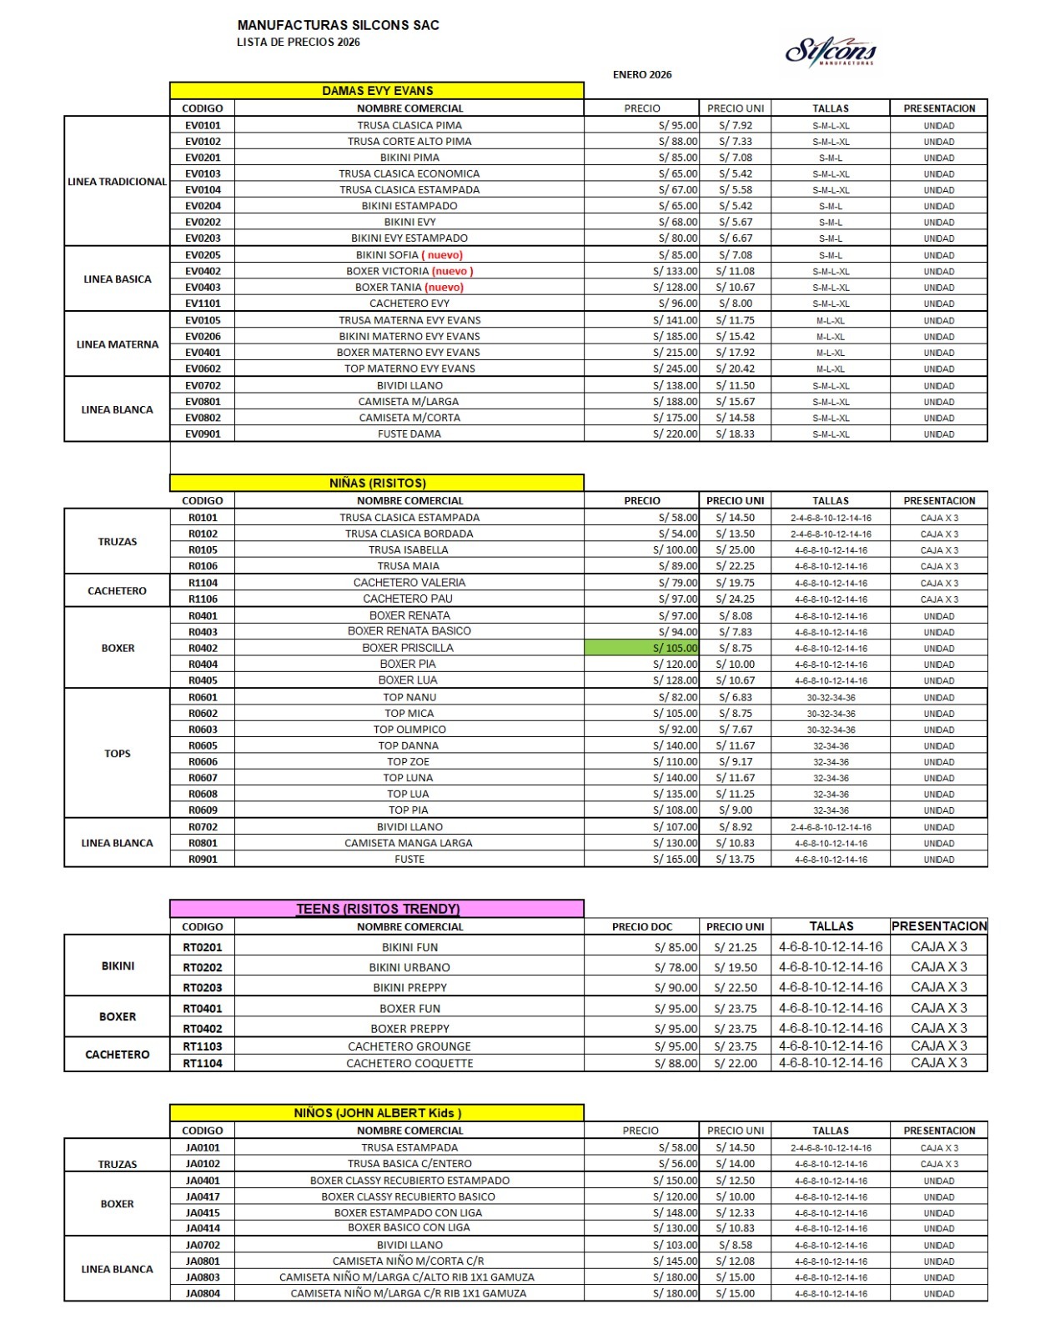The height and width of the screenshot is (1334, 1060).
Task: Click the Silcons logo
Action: click(x=831, y=53)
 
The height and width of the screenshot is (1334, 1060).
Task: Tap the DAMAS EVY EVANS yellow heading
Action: click(x=377, y=91)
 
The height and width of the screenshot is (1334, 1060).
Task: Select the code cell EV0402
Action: click(x=203, y=271)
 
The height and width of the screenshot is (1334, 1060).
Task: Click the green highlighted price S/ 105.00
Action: click(x=641, y=648)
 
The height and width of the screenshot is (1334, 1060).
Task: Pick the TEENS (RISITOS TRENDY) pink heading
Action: click(x=377, y=909)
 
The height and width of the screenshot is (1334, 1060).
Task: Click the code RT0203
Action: click(x=203, y=988)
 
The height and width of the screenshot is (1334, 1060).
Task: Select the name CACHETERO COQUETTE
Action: click(x=409, y=1064)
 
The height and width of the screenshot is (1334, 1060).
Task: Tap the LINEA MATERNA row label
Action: click(x=118, y=344)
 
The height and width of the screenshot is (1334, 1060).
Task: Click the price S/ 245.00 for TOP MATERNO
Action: click(x=676, y=369)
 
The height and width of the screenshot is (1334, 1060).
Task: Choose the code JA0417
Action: click(x=203, y=1197)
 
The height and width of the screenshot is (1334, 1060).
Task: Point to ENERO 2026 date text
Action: click(x=642, y=75)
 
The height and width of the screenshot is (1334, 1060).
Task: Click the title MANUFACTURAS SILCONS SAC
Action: click(x=338, y=26)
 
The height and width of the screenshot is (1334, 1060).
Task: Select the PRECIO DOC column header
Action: click(x=642, y=927)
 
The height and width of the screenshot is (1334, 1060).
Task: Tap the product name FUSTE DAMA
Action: click(x=409, y=434)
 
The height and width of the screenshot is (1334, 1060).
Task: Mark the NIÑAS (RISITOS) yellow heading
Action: click(x=377, y=484)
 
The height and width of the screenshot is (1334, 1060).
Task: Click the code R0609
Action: click(x=203, y=810)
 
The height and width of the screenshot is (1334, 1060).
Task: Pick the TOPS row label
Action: click(x=118, y=754)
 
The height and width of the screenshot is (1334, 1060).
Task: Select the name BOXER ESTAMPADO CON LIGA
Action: click(x=409, y=1213)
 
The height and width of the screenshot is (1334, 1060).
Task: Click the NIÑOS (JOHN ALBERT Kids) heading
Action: click(x=377, y=1113)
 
